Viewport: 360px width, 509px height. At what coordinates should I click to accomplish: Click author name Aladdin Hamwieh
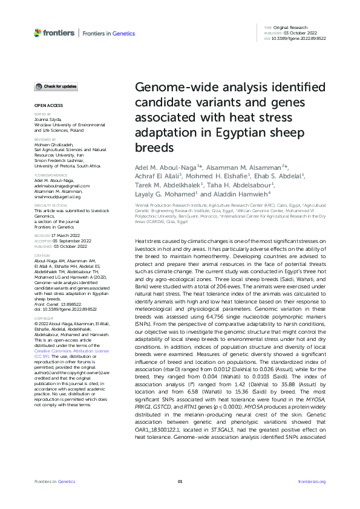241,195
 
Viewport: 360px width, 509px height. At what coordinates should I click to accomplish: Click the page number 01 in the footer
180,481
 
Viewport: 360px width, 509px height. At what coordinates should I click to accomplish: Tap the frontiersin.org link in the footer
312,481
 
